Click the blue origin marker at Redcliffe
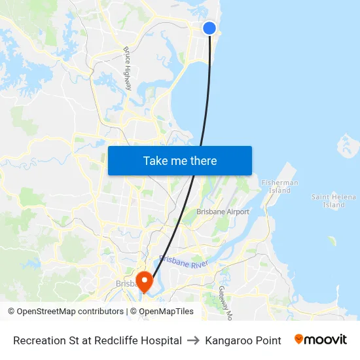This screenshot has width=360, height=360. pyautogui.click(x=209, y=27)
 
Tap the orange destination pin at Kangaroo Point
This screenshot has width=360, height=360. pyautogui.click(x=143, y=281)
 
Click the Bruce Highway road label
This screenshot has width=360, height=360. pyautogui.click(x=128, y=69)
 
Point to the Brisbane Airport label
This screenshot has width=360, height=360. pyautogui.click(x=223, y=212)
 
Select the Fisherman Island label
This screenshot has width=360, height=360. pyautogui.click(x=279, y=187)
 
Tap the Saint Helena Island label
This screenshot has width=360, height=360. pyautogui.click(x=334, y=200)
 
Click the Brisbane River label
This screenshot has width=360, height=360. pyautogui.click(x=183, y=263)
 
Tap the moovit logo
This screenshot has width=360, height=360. pyautogui.click(x=321, y=340)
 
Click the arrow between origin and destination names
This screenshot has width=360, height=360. pyautogui.click(x=194, y=340)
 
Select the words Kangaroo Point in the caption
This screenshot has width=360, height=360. pyautogui.click(x=243, y=340)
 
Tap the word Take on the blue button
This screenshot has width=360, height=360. pyautogui.click(x=155, y=160)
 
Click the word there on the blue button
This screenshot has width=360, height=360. pyautogui.click(x=202, y=160)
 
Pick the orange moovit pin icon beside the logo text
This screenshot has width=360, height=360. pyautogui.click(x=299, y=339)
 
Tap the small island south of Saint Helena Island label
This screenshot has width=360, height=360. pyautogui.click(x=332, y=241)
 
